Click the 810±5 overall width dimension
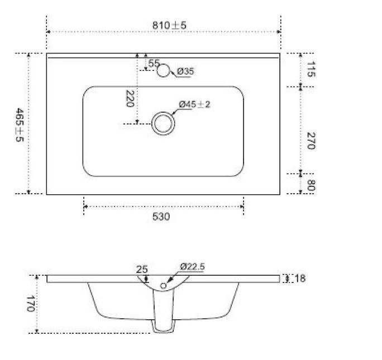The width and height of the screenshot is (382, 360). (169, 25)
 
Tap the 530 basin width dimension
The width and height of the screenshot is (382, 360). (161, 217)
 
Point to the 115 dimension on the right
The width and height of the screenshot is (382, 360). (311, 69)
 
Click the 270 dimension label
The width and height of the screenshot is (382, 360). (311, 141)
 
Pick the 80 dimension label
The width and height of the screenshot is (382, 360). (311, 185)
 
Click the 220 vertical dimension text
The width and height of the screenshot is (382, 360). (130, 99)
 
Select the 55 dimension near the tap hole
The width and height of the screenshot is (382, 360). (154, 63)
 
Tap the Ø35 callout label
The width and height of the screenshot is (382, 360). (185, 71)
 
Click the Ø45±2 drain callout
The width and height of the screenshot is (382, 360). (194, 104)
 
